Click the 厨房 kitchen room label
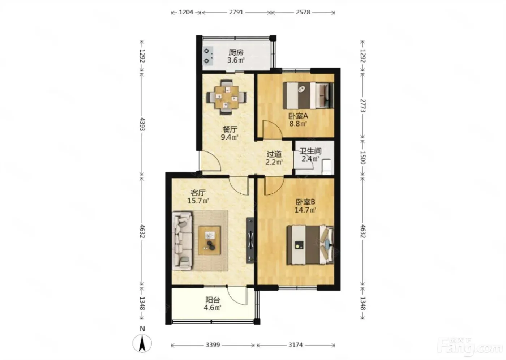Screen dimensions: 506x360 point(236,53)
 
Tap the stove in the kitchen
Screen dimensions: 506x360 point(208,56)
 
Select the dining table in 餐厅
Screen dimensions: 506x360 point(226,97)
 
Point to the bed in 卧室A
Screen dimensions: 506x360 point(308,95)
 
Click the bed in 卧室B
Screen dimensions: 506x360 point(310,245)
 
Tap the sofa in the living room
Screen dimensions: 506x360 point(182,240)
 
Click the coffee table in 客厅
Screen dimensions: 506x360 point(209,240)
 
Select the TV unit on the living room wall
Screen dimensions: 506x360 point(250,240)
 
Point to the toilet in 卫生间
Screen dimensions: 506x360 point(326,167)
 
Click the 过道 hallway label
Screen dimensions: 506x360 point(274,154)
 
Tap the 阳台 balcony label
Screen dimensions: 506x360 point(213,300)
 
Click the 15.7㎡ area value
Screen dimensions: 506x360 point(198,201)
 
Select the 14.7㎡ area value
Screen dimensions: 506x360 point(305,210)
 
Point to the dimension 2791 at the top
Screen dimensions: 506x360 point(236,12)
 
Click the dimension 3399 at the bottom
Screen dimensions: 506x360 point(213,345)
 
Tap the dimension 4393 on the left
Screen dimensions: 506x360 point(142,124)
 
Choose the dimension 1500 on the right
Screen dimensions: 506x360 point(362,158)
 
